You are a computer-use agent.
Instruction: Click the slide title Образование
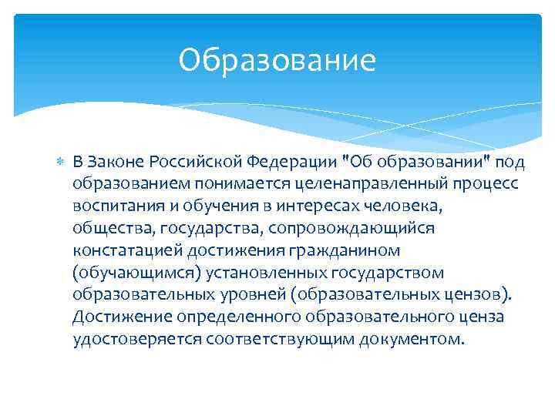tap(277, 60)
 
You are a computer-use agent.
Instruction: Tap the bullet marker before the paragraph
tap(61, 163)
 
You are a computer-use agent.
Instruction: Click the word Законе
tap(121, 163)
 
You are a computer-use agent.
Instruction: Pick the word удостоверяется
tap(137, 340)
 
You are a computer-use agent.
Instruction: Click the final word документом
tap(412, 340)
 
